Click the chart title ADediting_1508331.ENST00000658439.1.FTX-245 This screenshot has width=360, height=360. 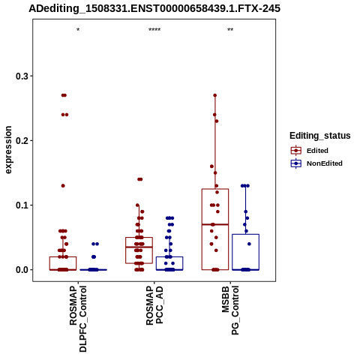pyautogui.click(x=154, y=9)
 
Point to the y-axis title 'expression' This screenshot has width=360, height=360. pyautogui.click(x=8, y=150)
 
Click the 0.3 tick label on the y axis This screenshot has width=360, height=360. pyautogui.click(x=22, y=76)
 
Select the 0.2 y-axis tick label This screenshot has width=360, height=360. pyautogui.click(x=22, y=140)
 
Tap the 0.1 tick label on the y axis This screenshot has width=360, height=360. pyautogui.click(x=22, y=205)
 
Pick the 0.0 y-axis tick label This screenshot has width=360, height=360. pyautogui.click(x=22, y=270)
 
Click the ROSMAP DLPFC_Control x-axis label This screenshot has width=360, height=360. pyautogui.click(x=78, y=319)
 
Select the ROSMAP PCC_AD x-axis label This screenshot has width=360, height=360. pyautogui.click(x=154, y=305)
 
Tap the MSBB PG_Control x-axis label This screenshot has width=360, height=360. pyautogui.click(x=230, y=310)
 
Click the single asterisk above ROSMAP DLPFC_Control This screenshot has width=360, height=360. pyautogui.click(x=78, y=30)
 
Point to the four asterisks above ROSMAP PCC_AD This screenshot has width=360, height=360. pyautogui.click(x=154, y=30)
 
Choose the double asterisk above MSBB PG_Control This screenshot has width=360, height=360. pyautogui.click(x=230, y=30)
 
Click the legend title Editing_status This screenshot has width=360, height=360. pyautogui.click(x=319, y=136)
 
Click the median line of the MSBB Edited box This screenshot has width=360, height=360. pyautogui.click(x=215, y=224)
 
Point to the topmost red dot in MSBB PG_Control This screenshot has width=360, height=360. pyautogui.click(x=214, y=95)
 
